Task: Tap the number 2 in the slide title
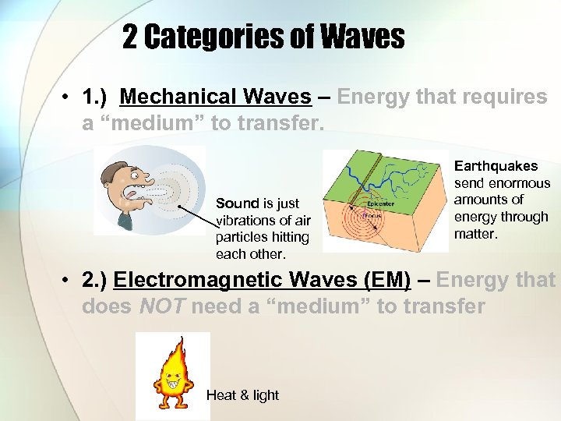[x=130, y=37]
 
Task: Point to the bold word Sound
[x=236, y=203]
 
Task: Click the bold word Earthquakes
[x=496, y=166]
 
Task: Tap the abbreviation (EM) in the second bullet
[x=382, y=280]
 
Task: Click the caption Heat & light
[x=242, y=395]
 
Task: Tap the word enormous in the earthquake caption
[x=519, y=183]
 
